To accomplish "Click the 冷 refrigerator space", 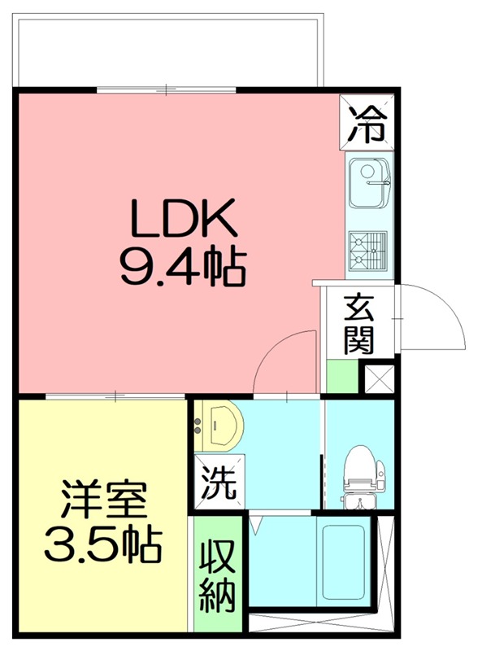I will [367, 124].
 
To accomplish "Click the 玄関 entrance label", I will [358, 325].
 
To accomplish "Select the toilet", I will [358, 475].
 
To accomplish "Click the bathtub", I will [341, 561].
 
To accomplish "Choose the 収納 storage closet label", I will [219, 575].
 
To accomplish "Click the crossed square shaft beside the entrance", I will [378, 378].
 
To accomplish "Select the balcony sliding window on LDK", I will [167, 90].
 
